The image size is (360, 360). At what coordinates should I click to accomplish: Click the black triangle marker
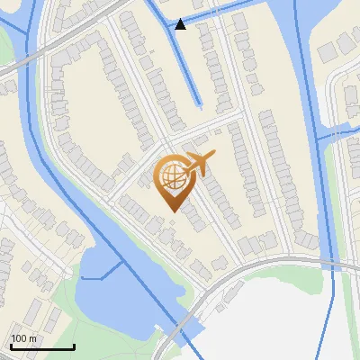pos(181,24)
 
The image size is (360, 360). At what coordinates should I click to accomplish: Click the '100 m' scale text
pos(24,338)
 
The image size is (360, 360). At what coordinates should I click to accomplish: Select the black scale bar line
pos(42,346)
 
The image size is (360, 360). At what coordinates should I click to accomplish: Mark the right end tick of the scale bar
pos(74,345)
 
